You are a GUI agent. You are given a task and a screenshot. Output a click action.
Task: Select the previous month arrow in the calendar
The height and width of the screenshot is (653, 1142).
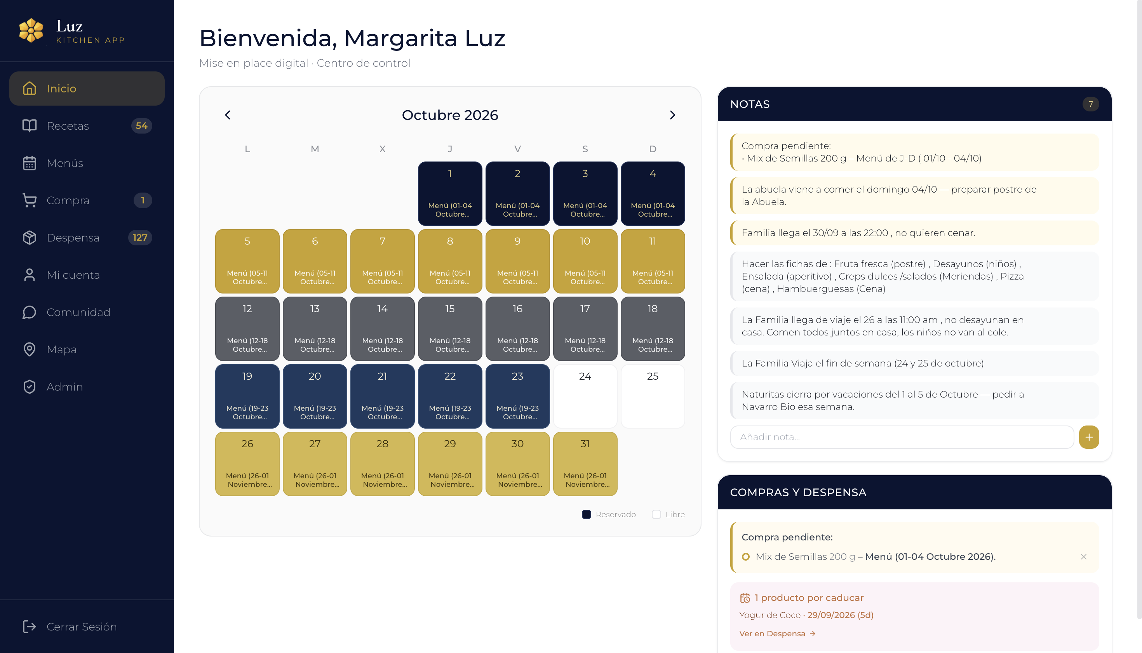click(228, 115)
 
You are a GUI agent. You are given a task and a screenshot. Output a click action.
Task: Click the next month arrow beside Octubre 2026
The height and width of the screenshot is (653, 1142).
click(672, 115)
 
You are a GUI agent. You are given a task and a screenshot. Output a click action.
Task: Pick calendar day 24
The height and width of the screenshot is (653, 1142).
click(585, 396)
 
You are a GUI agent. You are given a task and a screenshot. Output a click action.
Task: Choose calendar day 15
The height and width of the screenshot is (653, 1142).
click(450, 328)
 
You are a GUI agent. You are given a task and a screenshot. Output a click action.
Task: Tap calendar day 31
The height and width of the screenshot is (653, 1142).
click(585, 463)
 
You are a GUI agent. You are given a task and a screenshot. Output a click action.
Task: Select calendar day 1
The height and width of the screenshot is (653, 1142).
click(450, 193)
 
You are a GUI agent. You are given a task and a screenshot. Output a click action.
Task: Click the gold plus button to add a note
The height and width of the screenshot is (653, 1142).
click(1089, 437)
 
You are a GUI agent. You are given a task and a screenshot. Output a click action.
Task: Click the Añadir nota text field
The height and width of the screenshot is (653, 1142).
click(902, 437)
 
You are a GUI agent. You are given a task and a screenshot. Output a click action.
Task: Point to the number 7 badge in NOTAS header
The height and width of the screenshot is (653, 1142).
click(1090, 104)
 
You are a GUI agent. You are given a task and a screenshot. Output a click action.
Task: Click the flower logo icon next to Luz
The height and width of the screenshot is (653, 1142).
click(31, 31)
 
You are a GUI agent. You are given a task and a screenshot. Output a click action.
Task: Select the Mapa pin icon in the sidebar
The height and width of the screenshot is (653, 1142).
click(29, 349)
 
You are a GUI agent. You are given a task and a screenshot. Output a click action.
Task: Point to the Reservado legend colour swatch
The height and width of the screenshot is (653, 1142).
click(586, 514)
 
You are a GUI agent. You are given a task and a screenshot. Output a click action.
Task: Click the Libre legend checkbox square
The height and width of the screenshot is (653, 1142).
click(656, 514)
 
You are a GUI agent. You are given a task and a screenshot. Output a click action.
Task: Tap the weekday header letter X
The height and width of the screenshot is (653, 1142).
click(382, 149)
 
